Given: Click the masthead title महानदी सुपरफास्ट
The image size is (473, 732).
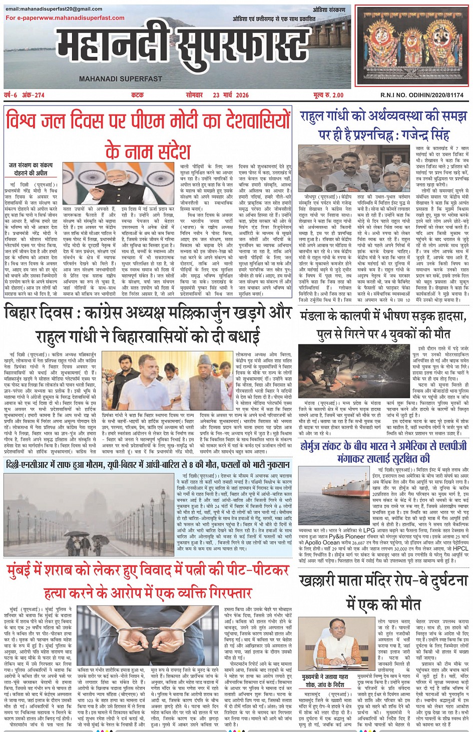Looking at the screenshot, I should pos(183,49).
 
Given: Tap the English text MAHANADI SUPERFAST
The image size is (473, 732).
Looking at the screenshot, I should pos(121,79).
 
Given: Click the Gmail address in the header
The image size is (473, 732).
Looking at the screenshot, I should pos(54,9).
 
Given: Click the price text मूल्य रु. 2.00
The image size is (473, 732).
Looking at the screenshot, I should pos(328,95).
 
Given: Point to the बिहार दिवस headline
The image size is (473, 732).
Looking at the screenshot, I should pos(148,324).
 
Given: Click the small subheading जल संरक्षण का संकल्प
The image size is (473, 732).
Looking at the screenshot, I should pos(31,165).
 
